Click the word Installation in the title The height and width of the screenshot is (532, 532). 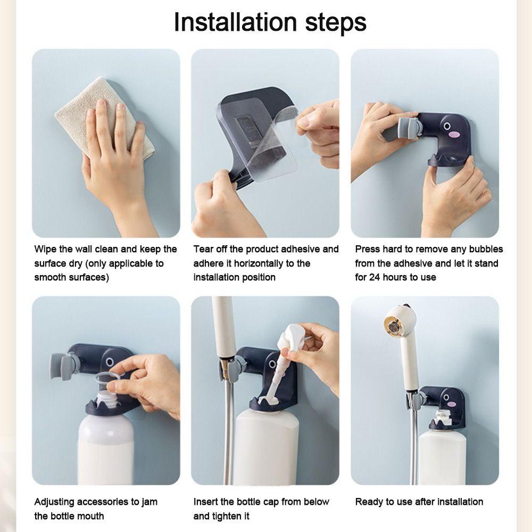click(x=236, y=22)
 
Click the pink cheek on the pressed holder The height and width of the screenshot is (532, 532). click(x=453, y=135)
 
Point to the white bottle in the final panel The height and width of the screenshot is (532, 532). click(x=442, y=456)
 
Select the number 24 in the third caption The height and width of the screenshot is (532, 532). click(x=374, y=277)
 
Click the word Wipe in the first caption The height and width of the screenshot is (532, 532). click(x=45, y=250)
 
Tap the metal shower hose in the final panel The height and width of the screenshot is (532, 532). click(x=414, y=448)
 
